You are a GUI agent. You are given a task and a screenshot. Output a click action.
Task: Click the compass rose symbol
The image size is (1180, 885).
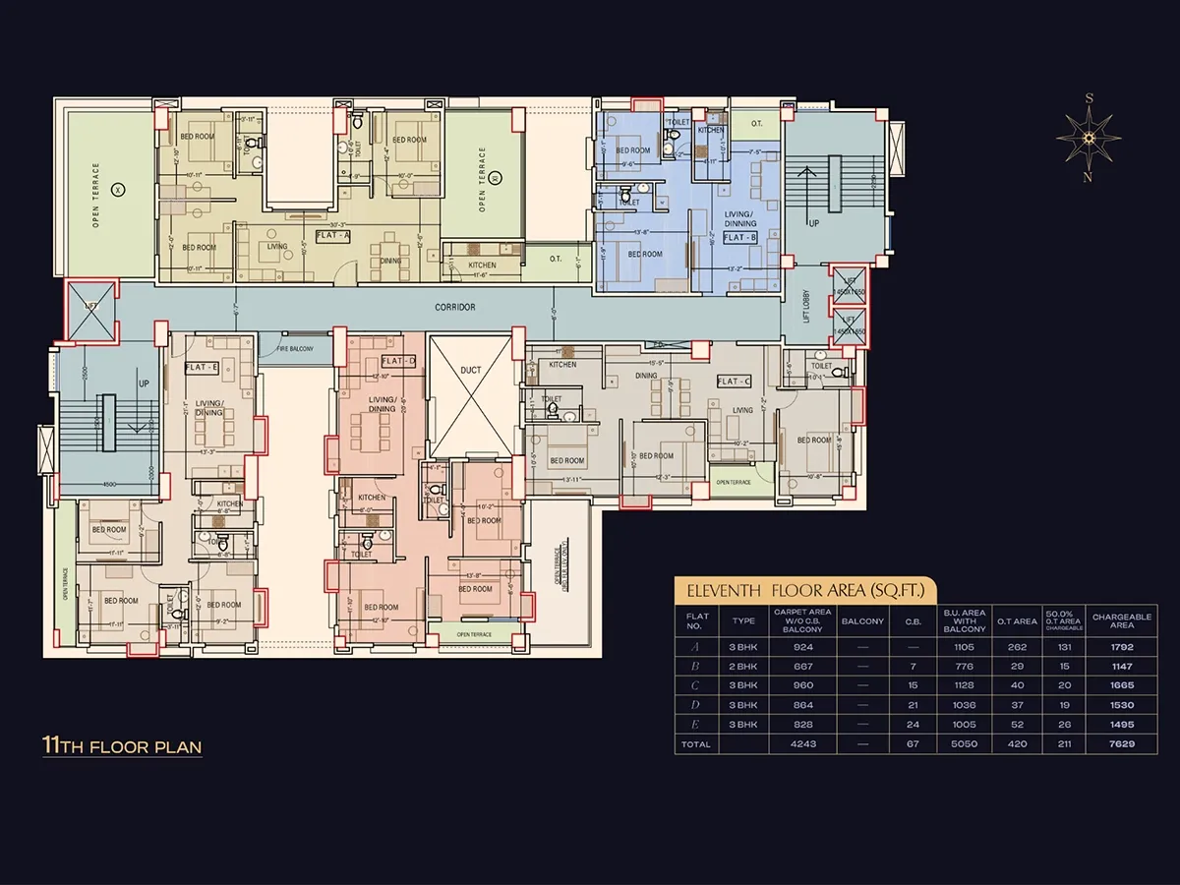pyautogui.click(x=1089, y=138)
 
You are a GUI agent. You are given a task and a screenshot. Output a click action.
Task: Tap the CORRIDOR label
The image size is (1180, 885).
pyautogui.click(x=455, y=308)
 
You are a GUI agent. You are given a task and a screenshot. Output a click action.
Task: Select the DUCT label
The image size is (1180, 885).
pyautogui.click(x=471, y=371)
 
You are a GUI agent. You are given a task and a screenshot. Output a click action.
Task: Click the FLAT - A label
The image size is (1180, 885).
pyautogui.click(x=332, y=236)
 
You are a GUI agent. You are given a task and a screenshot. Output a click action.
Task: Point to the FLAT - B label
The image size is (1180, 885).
pyautogui.click(x=740, y=238)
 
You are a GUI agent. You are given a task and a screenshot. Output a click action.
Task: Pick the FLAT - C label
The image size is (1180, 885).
pyautogui.click(x=734, y=382)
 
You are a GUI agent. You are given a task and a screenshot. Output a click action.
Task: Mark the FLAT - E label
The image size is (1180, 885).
pyautogui.click(x=201, y=367)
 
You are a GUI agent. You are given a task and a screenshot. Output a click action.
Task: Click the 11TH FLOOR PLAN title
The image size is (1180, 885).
pyautogui.click(x=122, y=746)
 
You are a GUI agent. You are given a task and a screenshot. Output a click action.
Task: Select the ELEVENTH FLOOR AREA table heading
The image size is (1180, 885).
pyautogui.click(x=804, y=591)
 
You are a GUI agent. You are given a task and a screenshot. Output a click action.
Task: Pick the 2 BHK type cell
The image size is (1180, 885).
pyautogui.click(x=743, y=667)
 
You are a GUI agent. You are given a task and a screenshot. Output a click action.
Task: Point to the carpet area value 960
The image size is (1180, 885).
pyautogui.click(x=802, y=686)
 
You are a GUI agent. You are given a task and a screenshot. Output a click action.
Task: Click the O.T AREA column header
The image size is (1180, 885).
pyautogui.click(x=1017, y=621)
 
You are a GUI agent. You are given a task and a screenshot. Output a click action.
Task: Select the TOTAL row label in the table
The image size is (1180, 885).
pyautogui.click(x=696, y=744)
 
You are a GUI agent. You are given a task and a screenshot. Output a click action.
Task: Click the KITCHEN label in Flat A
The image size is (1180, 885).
pyautogui.click(x=482, y=265)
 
